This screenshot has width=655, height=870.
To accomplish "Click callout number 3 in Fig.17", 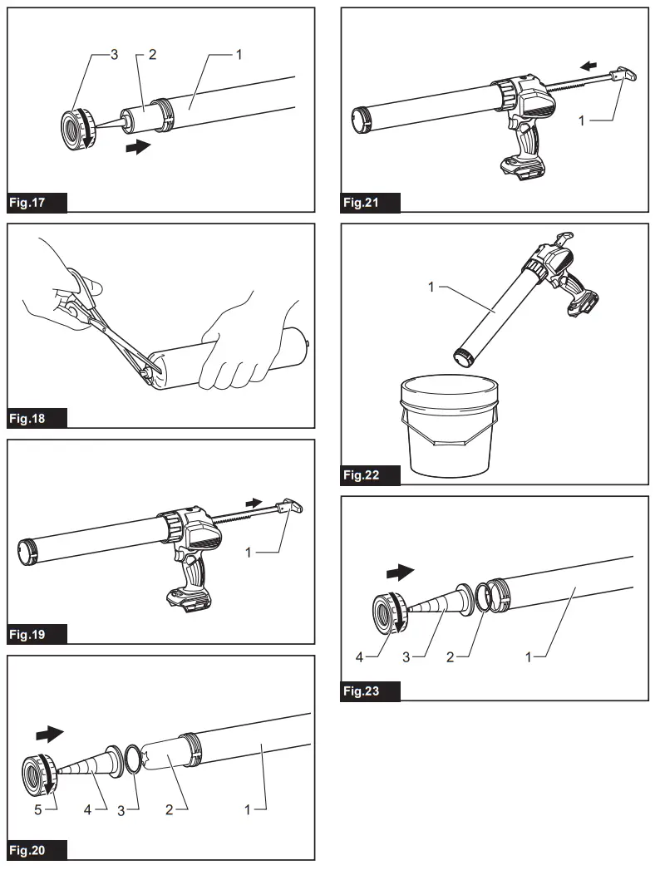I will (114, 54).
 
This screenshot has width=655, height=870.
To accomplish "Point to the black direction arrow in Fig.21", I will (589, 64).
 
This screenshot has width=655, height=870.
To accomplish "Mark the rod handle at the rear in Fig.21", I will (626, 76).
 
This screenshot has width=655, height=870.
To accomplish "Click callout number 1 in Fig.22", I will (431, 288).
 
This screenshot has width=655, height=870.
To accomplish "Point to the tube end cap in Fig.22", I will (462, 358).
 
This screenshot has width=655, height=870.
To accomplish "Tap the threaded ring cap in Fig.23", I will (388, 612).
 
